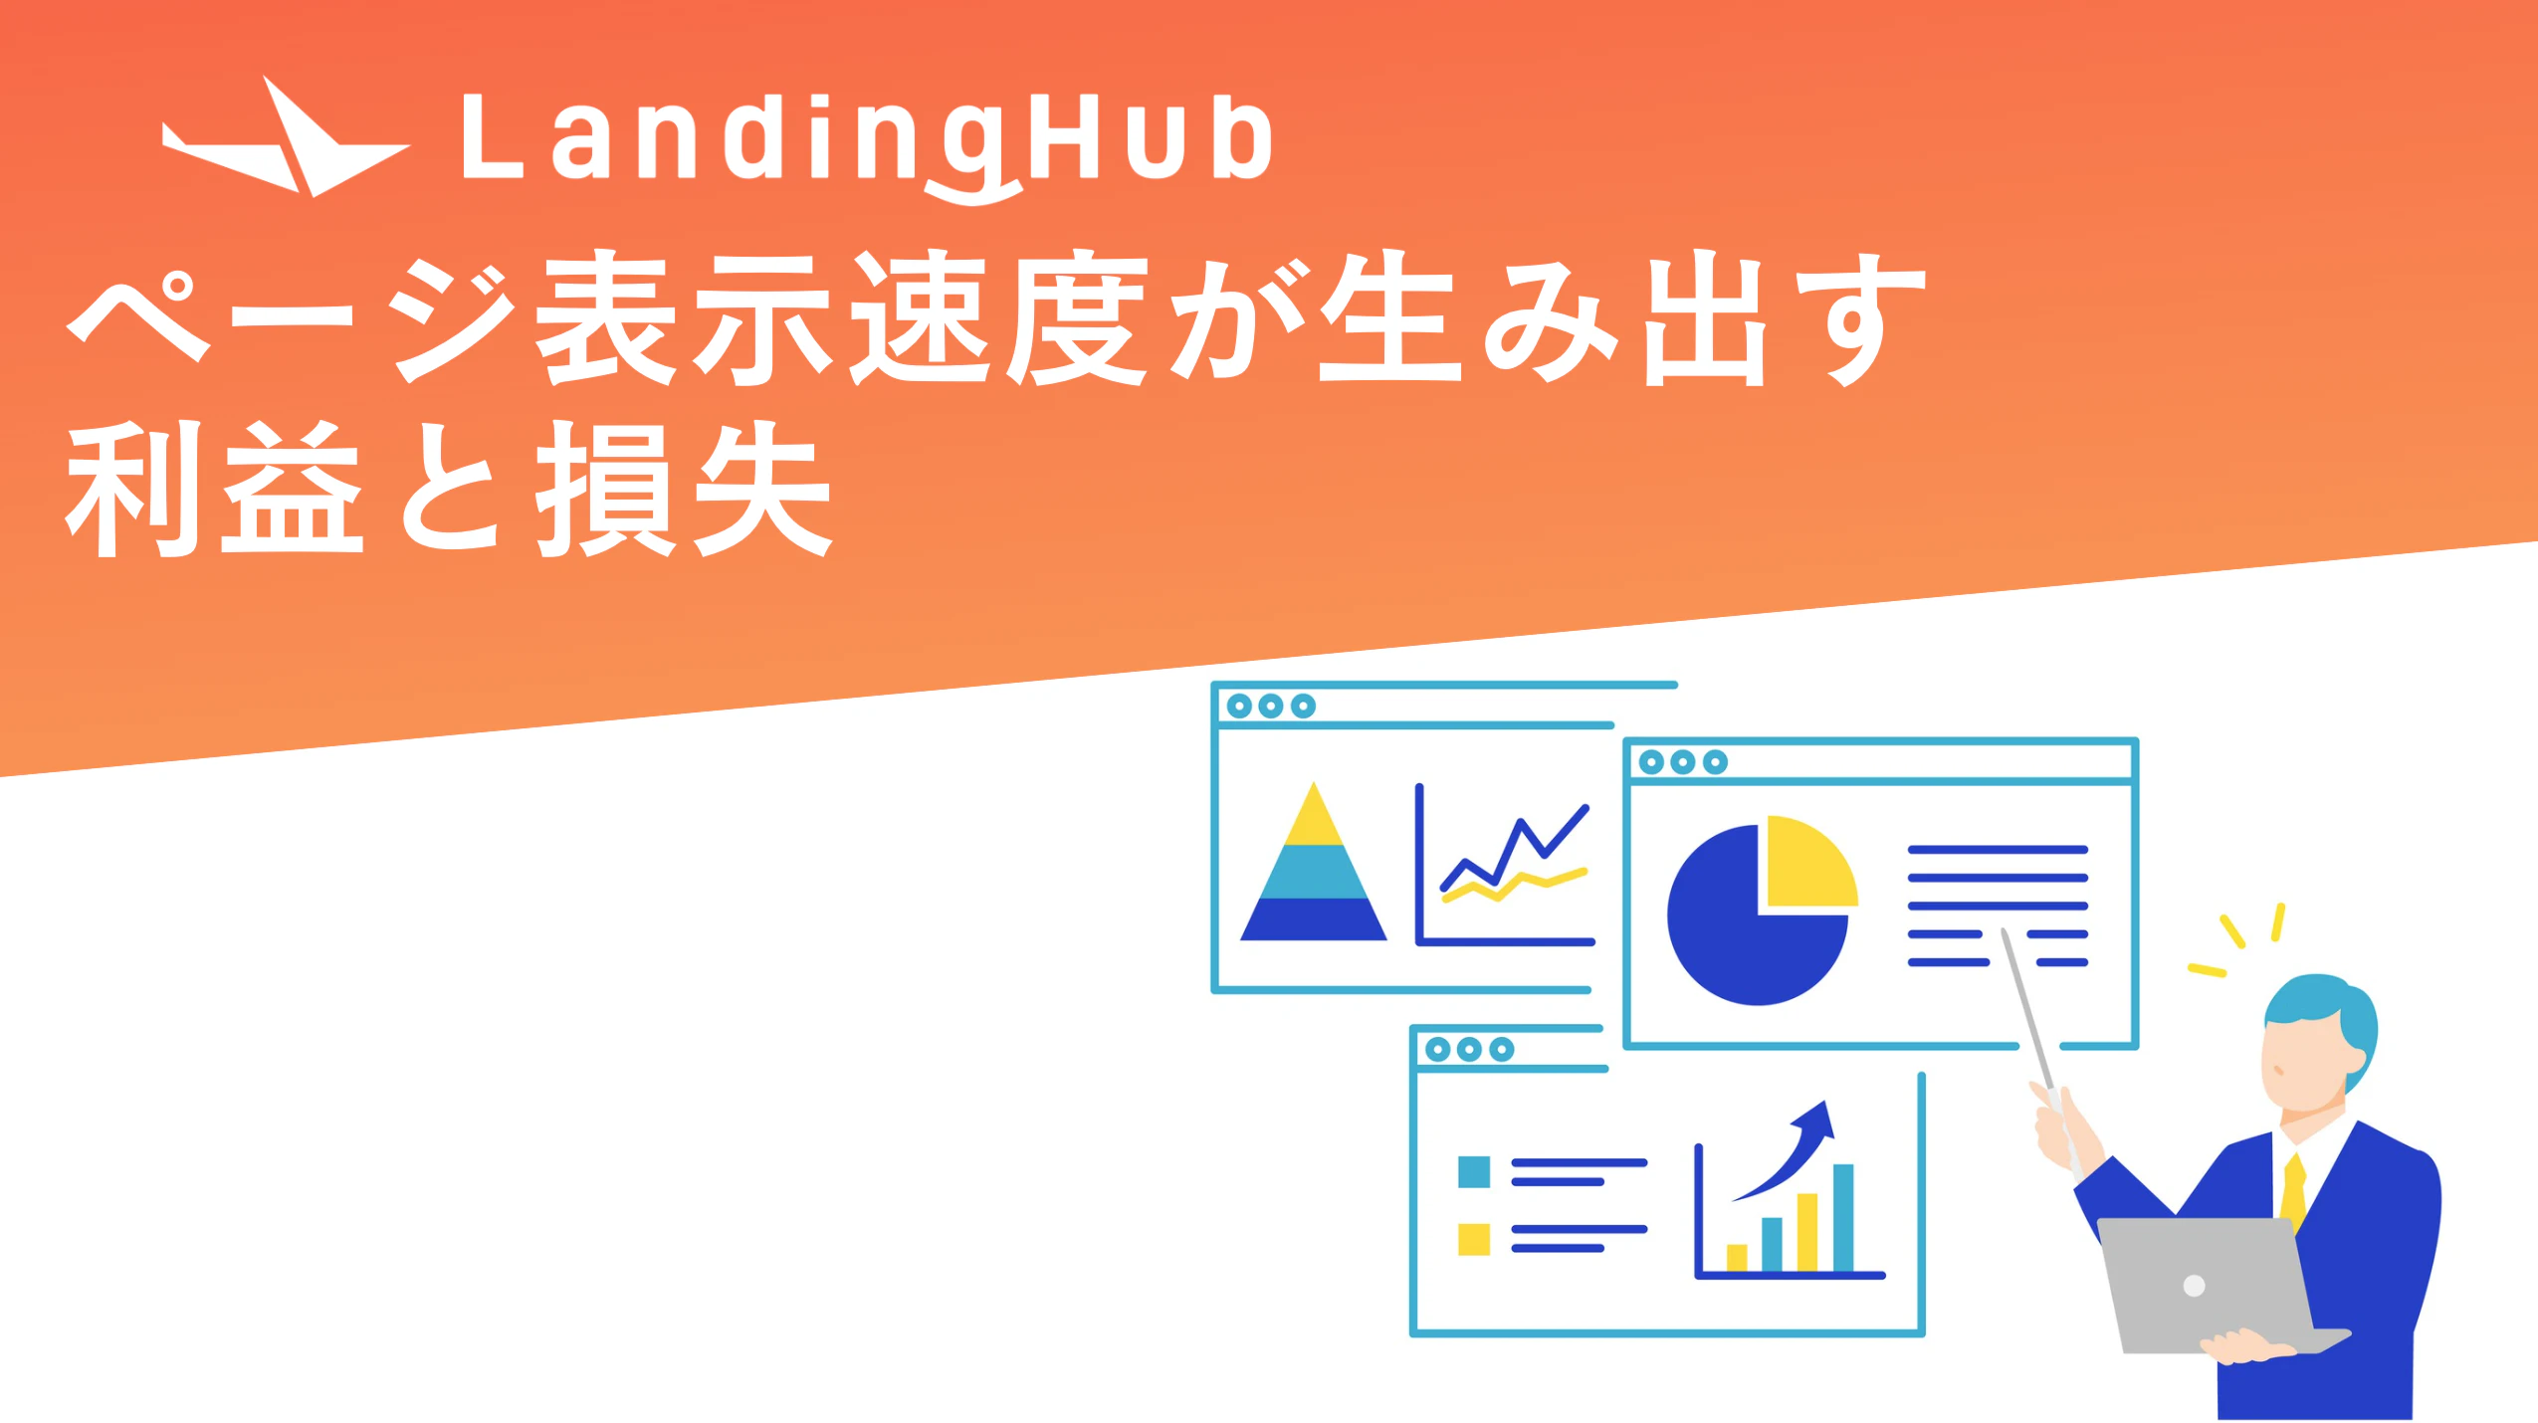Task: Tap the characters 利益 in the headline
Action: [214, 488]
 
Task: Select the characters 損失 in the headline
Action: [685, 488]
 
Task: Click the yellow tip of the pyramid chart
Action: [1314, 815]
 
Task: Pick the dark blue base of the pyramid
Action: [1314, 918]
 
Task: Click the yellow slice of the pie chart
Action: [1809, 862]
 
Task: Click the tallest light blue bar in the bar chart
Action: [1843, 1218]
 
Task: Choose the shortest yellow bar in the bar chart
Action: [1737, 1258]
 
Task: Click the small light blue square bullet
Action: [1474, 1171]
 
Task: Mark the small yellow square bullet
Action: [1474, 1239]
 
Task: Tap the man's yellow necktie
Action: [2293, 1194]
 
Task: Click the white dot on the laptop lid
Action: [2194, 1286]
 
